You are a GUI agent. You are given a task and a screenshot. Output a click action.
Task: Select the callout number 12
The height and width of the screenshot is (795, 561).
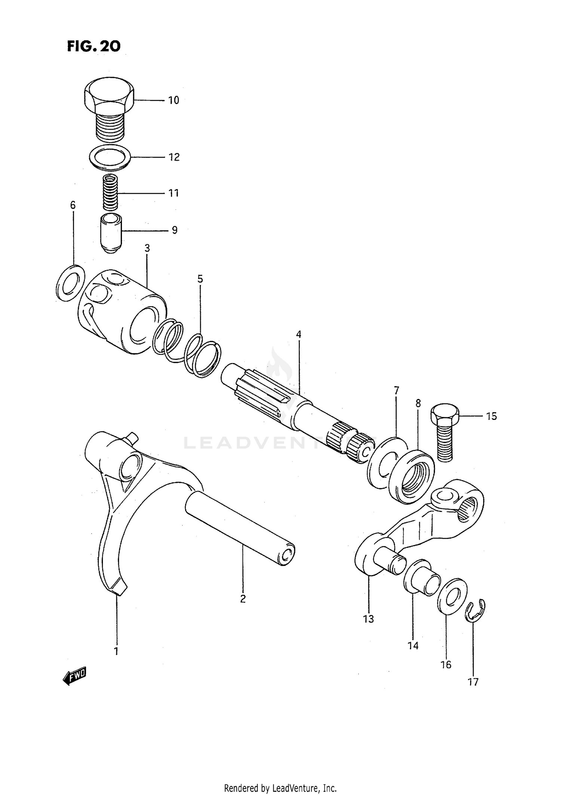click(x=174, y=157)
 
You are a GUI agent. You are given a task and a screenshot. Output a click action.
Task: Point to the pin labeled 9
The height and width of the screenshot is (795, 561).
click(x=111, y=233)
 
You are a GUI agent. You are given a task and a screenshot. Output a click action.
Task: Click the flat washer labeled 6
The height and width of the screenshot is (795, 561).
click(x=70, y=283)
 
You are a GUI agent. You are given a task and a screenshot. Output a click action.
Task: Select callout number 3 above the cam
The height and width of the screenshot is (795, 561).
click(x=147, y=248)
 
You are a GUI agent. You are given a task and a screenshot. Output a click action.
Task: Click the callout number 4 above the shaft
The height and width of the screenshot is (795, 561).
click(x=298, y=334)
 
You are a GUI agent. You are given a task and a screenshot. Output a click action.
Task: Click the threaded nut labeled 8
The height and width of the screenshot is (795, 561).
click(x=411, y=477)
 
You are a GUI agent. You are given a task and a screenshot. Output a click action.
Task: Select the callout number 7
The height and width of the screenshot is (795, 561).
click(x=396, y=391)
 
